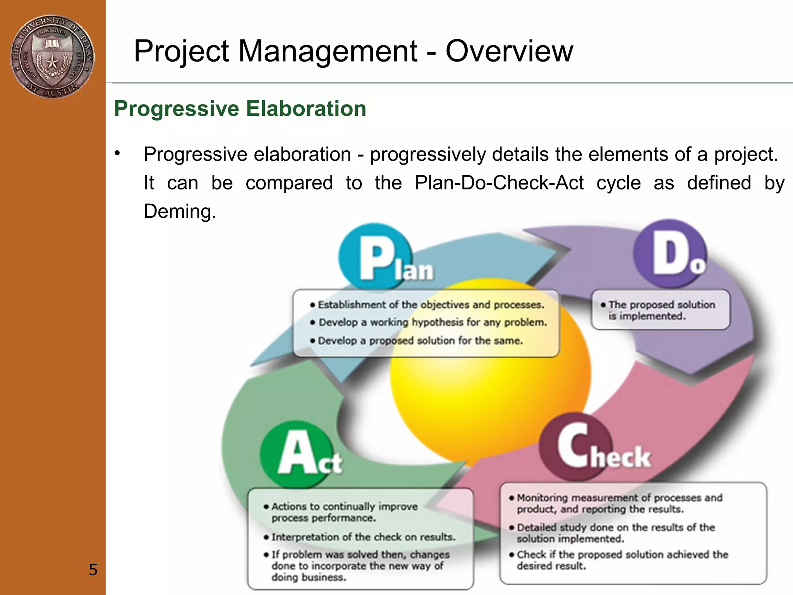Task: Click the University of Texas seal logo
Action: pyautogui.click(x=52, y=57)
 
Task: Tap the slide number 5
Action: pyautogui.click(x=93, y=569)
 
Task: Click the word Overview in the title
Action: pyautogui.click(x=509, y=51)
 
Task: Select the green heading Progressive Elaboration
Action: pyautogui.click(x=240, y=108)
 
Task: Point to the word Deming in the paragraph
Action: pyautogui.click(x=179, y=212)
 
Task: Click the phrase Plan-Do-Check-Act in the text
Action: pyautogui.click(x=499, y=183)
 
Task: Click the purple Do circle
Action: pyautogui.click(x=670, y=254)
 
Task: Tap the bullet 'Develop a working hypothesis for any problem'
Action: pyautogui.click(x=432, y=322)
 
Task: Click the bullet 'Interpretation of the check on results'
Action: pyautogui.click(x=362, y=537)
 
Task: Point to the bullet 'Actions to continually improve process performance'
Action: pyautogui.click(x=344, y=512)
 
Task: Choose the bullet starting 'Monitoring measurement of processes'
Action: pyautogui.click(x=619, y=503)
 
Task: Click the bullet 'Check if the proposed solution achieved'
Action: pyautogui.click(x=621, y=560)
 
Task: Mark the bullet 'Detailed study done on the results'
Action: pyautogui.click(x=615, y=533)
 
